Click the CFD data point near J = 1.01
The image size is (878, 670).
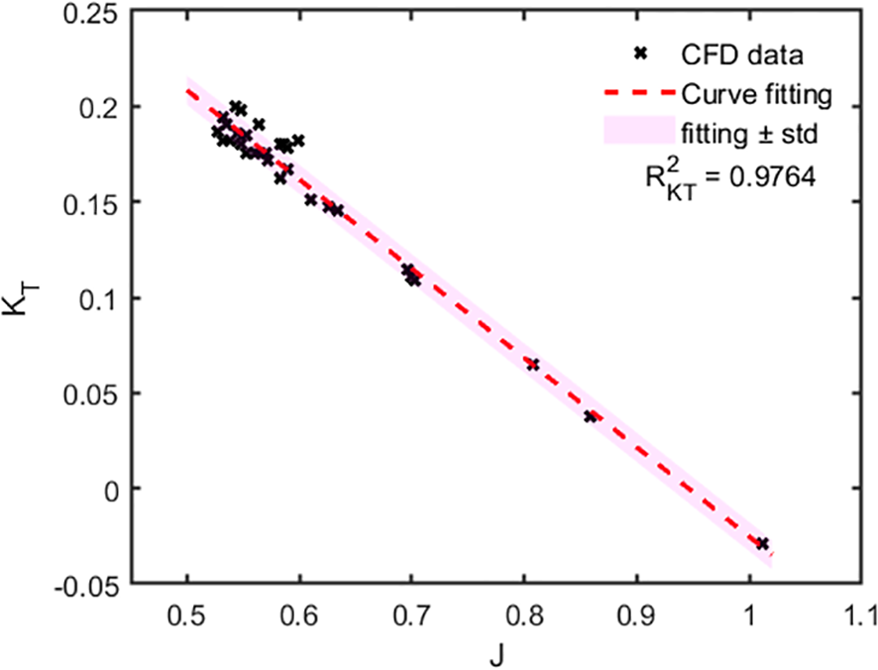pyautogui.click(x=762, y=543)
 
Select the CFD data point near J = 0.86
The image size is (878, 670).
pyautogui.click(x=592, y=416)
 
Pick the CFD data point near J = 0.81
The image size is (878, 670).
pyautogui.click(x=533, y=365)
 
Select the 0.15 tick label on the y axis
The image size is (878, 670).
pyautogui.click(x=95, y=202)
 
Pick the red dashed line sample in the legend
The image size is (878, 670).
pyautogui.click(x=638, y=95)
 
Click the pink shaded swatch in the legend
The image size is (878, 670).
pyautogui.click(x=638, y=130)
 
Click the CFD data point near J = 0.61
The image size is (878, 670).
pyautogui.click(x=310, y=200)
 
